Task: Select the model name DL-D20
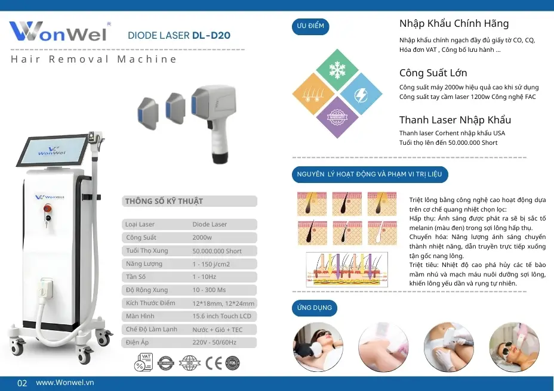[211, 35]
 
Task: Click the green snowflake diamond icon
[338, 70]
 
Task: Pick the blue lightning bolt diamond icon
[361, 94]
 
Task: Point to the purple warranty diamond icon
[338, 117]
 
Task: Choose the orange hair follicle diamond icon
[314, 94]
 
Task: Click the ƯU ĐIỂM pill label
[310, 27]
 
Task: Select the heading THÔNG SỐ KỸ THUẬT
[164, 201]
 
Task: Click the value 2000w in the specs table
[202, 237]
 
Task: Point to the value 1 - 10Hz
[204, 277]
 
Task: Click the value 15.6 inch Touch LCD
[221, 316]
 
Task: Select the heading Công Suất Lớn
[433, 73]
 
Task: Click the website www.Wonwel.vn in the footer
[64, 383]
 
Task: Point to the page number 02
[22, 383]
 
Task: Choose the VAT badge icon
[143, 362]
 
